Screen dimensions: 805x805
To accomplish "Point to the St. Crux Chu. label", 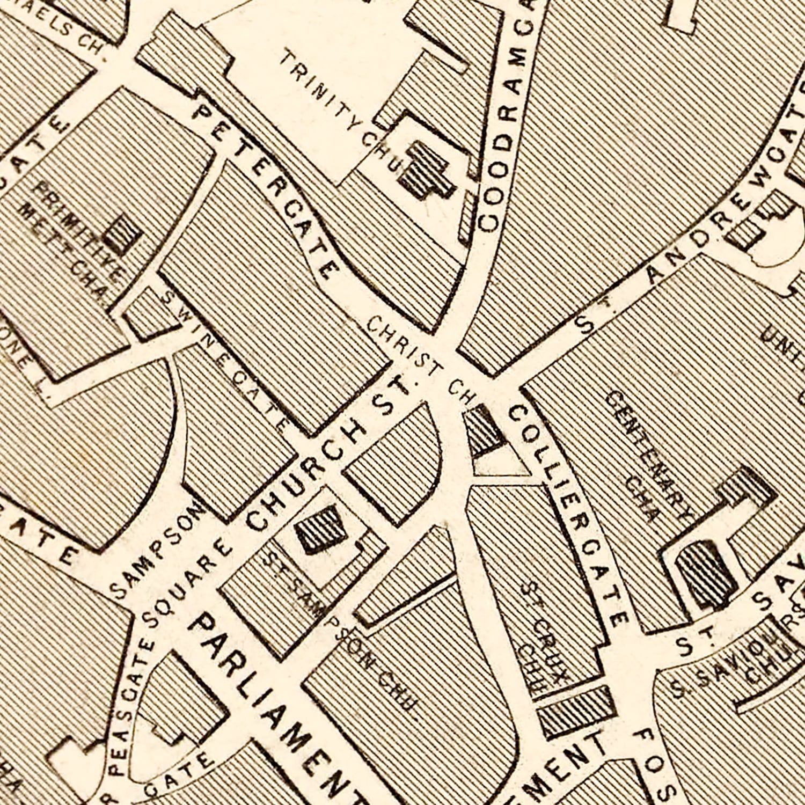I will coord(542,639).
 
